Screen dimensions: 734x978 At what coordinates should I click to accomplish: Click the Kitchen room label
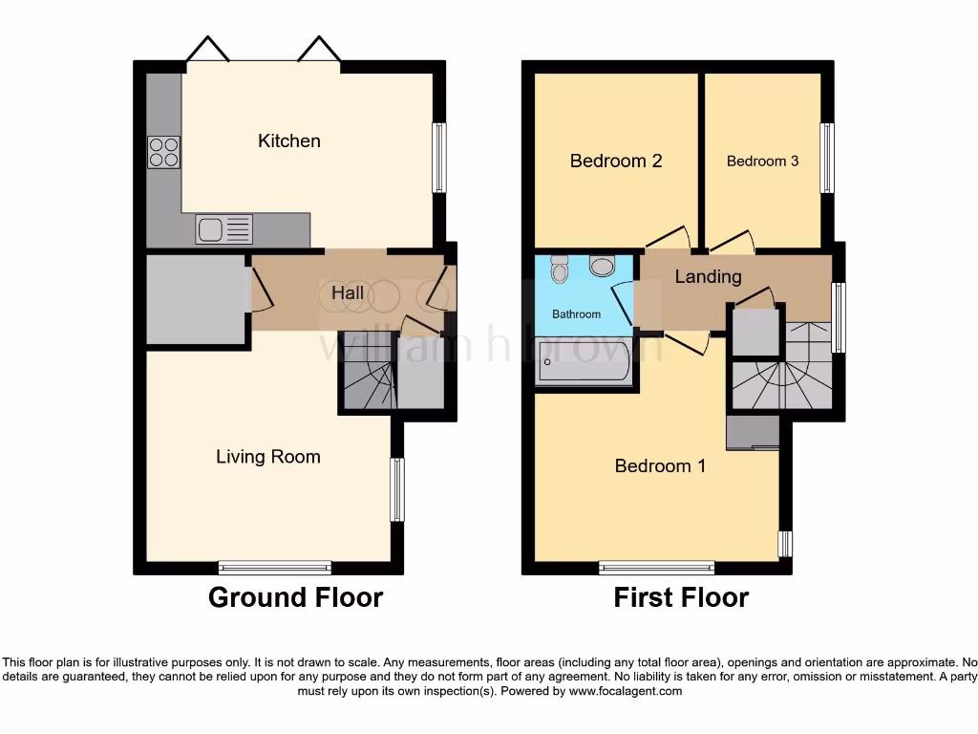click(288, 140)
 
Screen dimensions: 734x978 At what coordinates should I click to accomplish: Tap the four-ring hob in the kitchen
click(163, 153)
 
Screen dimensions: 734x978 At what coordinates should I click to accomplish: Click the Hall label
click(347, 292)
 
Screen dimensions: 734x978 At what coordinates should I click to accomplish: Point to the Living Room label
click(267, 457)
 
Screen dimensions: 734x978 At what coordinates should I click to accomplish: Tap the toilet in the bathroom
click(560, 270)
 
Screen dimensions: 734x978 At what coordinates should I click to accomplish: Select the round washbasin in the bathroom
click(603, 265)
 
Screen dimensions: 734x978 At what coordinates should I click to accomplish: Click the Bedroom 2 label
click(615, 161)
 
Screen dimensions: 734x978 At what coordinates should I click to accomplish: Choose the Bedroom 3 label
click(762, 161)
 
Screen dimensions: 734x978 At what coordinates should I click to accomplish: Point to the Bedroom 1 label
click(659, 466)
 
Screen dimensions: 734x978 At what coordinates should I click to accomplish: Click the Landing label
click(708, 277)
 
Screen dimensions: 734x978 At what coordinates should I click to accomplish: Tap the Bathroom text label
click(577, 314)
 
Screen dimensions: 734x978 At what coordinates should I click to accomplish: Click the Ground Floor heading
click(295, 598)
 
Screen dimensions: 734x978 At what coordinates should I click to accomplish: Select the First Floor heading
click(680, 598)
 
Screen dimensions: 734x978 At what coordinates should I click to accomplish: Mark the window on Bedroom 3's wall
click(828, 159)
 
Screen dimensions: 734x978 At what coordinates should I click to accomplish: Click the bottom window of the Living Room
click(275, 567)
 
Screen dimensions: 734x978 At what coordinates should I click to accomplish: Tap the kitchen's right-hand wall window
click(439, 157)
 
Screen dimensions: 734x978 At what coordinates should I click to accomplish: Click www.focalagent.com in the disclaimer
click(625, 691)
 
